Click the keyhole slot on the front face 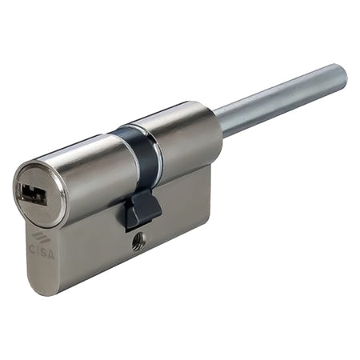34,193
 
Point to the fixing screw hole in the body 138,245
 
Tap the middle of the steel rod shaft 280,101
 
